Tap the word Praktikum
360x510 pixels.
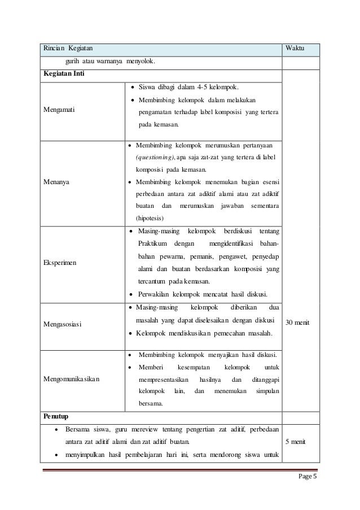point(153,244)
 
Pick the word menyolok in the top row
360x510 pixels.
point(141,61)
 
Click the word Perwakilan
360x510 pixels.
point(156,294)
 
